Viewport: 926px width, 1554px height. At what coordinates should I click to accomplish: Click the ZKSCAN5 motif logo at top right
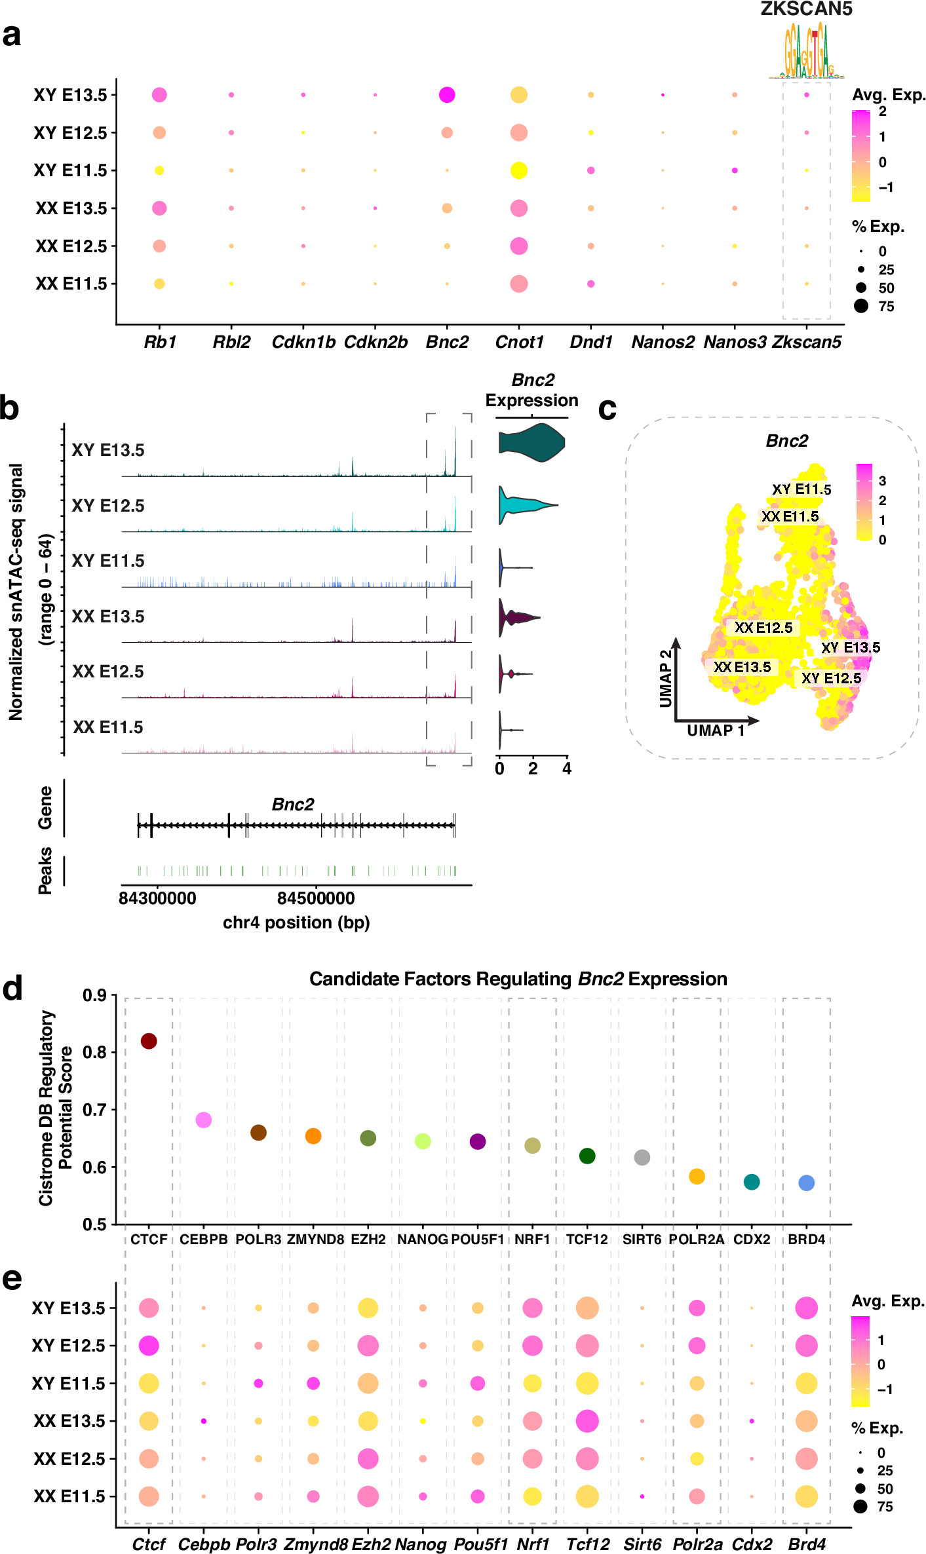point(807,51)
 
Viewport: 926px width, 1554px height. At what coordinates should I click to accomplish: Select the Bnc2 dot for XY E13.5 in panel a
point(447,95)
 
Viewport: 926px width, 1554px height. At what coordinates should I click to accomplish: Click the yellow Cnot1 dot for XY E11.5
point(518,170)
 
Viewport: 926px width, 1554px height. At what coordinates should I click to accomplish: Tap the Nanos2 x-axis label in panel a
point(663,342)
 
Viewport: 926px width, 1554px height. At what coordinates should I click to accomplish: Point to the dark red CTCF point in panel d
point(149,1041)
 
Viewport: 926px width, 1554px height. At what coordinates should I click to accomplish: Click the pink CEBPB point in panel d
point(204,1120)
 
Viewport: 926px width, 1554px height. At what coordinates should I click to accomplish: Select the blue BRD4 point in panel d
point(807,1183)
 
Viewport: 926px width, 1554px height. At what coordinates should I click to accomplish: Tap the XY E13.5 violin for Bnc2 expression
point(532,443)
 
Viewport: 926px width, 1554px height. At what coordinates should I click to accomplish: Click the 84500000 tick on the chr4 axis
point(316,898)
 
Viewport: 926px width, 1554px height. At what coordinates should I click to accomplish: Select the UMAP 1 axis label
point(716,730)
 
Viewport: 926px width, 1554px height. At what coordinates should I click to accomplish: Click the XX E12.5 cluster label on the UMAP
point(763,628)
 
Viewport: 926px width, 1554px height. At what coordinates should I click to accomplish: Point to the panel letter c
point(608,409)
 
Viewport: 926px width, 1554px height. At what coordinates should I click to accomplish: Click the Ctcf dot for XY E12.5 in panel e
point(149,1346)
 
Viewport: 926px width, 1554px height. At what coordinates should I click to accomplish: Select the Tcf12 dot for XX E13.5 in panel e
point(587,1421)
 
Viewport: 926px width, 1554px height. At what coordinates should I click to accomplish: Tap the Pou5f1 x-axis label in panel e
point(480,1544)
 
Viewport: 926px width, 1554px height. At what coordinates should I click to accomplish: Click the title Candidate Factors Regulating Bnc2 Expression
point(518,979)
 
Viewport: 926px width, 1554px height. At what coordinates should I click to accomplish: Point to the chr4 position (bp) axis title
point(296,922)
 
